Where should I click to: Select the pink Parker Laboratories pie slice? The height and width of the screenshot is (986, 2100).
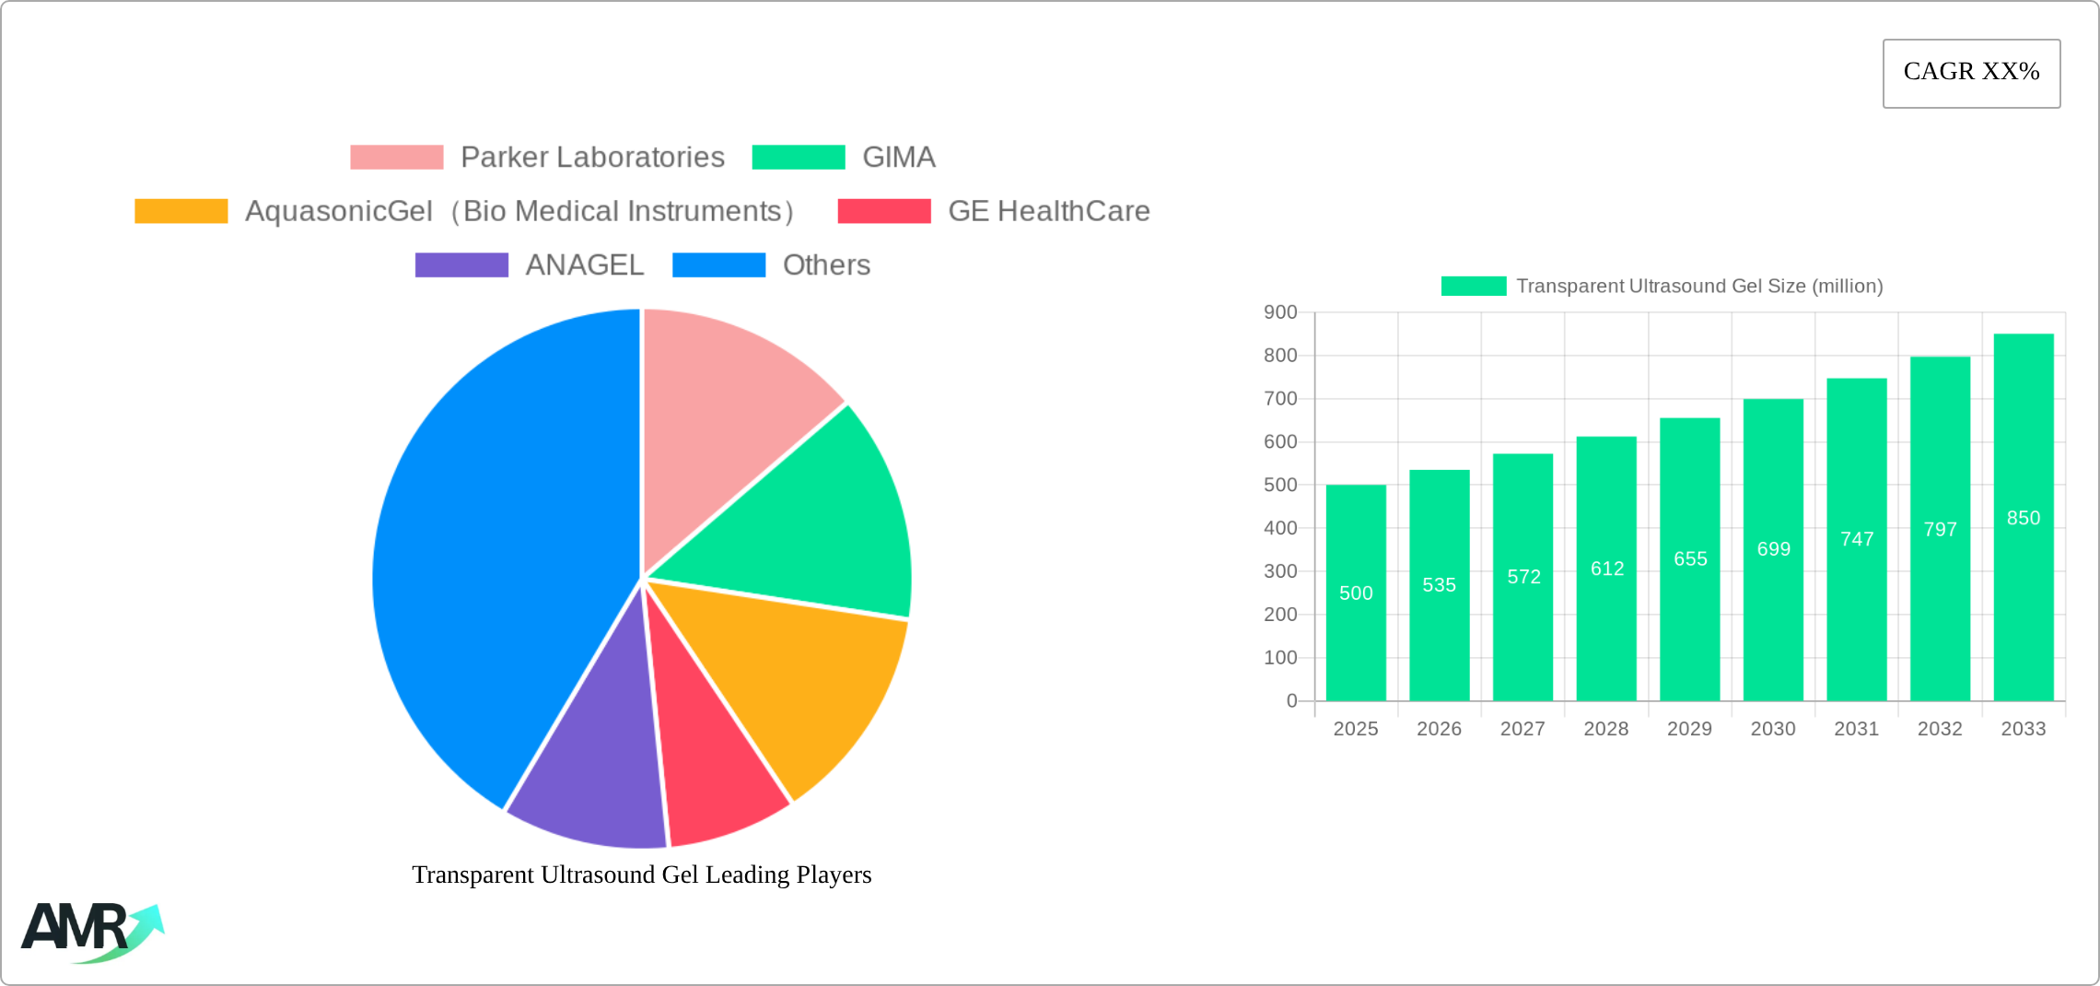click(728, 415)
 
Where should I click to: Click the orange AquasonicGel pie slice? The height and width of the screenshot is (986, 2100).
click(801, 682)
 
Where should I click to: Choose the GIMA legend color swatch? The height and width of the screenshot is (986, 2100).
click(798, 158)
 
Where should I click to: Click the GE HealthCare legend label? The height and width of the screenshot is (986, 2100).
click(1048, 211)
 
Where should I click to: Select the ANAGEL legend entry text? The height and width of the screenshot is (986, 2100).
click(584, 265)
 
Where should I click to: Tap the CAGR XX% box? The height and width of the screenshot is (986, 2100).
click(1971, 73)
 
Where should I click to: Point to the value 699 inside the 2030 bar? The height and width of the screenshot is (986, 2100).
click(1774, 549)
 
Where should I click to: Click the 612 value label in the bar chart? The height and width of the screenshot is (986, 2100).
click(1607, 569)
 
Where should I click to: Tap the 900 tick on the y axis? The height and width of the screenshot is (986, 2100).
click(1280, 312)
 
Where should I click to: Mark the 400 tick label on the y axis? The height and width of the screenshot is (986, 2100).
click(1280, 528)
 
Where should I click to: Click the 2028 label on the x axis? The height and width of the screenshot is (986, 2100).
click(1606, 729)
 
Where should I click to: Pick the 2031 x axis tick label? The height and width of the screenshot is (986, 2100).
click(1857, 729)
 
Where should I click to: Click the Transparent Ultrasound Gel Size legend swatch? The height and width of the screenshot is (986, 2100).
click(1474, 287)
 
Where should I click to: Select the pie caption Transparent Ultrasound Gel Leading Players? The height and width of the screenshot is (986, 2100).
click(642, 874)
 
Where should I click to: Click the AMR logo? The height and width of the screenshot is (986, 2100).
click(90, 931)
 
